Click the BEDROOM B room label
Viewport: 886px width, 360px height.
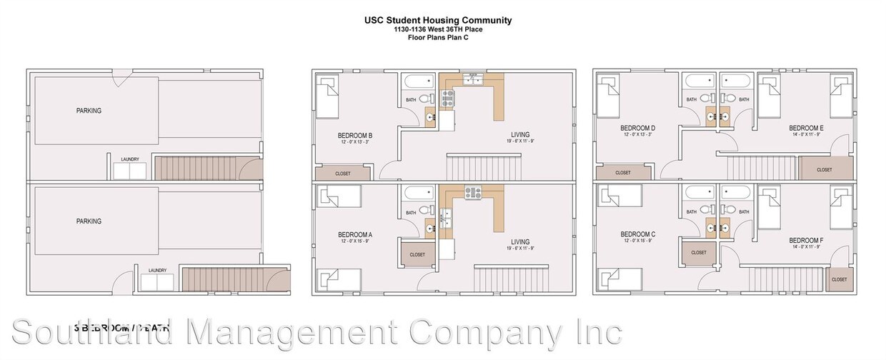pos(354,136)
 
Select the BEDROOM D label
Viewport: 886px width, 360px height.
pos(638,129)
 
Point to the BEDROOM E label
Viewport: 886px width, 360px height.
pos(807,129)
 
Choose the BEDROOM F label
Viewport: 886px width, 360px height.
pos(807,241)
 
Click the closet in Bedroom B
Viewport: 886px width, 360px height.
pos(343,173)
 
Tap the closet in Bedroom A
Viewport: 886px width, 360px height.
pos(417,254)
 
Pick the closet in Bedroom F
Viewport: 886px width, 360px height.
pos(839,279)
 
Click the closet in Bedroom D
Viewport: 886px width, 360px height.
pos(623,173)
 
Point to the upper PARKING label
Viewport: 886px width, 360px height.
pos(89,111)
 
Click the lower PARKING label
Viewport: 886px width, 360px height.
pos(89,221)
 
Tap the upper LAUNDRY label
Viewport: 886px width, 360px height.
pos(129,159)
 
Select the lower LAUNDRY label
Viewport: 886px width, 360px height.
pos(157,270)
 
